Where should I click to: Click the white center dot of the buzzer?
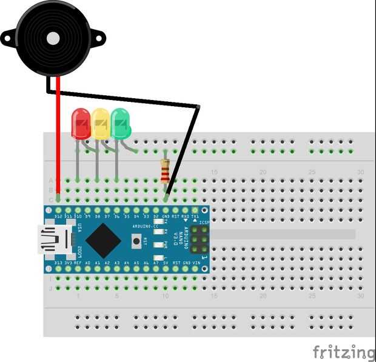point(53,38)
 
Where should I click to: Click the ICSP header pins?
point(199,240)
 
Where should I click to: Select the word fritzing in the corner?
point(344,352)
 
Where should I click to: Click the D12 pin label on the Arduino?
point(58,216)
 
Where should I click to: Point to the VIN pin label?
point(195,263)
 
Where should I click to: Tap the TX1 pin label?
point(195,216)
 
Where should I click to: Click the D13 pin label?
point(58,263)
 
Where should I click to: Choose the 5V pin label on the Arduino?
point(166,263)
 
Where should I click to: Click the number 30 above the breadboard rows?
point(361,173)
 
